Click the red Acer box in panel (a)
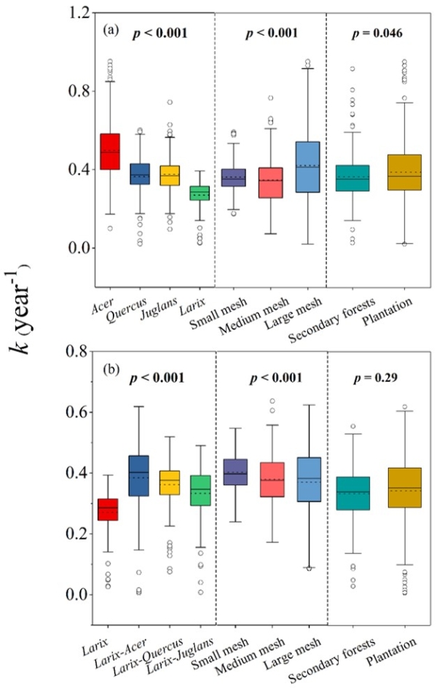click(110, 152)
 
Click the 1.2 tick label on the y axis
click(62, 13)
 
